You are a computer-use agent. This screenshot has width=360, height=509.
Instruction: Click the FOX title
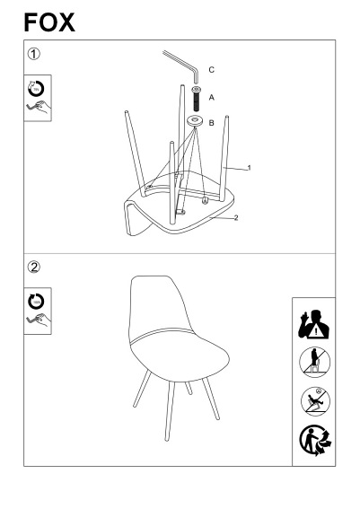[x=49, y=22]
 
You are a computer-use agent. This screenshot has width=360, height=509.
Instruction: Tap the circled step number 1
[x=34, y=54]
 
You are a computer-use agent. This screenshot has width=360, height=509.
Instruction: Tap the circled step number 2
[x=34, y=268]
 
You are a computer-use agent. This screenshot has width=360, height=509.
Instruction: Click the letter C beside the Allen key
[x=211, y=70]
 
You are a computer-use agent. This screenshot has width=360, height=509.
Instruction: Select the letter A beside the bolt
[x=212, y=97]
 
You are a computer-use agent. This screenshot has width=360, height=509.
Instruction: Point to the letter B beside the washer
[x=211, y=123]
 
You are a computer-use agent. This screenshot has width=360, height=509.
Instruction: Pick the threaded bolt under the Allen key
[x=196, y=99]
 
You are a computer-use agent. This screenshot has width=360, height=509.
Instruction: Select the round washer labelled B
[x=195, y=122]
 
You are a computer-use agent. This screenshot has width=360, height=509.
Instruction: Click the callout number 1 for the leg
[x=249, y=168]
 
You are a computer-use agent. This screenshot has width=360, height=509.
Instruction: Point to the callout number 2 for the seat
[x=236, y=218]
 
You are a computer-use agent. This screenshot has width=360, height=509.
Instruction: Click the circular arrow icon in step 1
[x=36, y=89]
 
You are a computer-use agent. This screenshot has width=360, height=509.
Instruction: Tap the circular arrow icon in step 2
[x=36, y=302]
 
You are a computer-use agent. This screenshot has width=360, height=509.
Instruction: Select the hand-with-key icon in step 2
[x=39, y=320]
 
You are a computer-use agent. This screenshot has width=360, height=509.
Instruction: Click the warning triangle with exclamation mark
[x=315, y=332]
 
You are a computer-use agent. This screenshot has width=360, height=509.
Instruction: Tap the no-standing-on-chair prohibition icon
[x=314, y=362]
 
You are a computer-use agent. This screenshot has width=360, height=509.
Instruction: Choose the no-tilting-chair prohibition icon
[x=315, y=401]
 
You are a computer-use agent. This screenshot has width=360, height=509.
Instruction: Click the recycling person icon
[x=315, y=441]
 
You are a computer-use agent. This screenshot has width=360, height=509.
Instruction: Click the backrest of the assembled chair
[x=159, y=304]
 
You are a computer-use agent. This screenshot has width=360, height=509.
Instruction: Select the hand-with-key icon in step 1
[x=39, y=108]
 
